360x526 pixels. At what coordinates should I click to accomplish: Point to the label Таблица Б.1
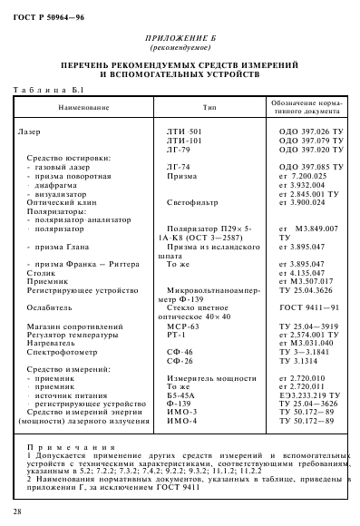tap(53, 90)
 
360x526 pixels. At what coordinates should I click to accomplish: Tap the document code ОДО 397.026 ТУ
tap(310, 132)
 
